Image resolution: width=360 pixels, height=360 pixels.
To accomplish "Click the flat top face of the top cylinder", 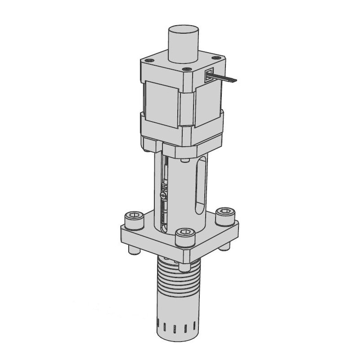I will pyautogui.click(x=184, y=32).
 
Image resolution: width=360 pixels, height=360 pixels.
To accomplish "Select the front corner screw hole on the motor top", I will pyautogui.click(x=186, y=70).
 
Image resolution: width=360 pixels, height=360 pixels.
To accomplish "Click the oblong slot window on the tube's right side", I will pyautogui.click(x=202, y=184).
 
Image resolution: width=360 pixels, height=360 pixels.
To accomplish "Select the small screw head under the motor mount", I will pyautogui.click(x=184, y=160).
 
